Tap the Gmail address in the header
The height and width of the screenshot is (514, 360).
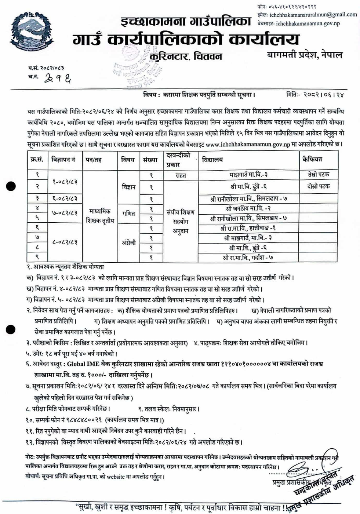click(313, 15)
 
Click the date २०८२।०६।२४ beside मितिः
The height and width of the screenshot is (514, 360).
click(323, 95)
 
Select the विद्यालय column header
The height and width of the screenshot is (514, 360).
click(212, 160)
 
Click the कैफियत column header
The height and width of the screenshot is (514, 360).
click(312, 159)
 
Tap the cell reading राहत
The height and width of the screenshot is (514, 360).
click(181, 175)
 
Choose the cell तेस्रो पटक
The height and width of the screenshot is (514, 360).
click(318, 174)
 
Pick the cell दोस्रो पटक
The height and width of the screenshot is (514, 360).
click(318, 186)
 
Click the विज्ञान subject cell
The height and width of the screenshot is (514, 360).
click(128, 187)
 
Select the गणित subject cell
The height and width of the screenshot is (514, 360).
click(128, 214)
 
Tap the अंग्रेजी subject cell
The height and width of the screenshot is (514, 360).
click(128, 243)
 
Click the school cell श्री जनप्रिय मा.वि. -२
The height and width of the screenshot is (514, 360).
click(248, 209)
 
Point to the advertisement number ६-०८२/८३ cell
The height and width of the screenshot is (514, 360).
click(65, 199)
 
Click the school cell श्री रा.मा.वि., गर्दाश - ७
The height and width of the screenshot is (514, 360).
click(248, 258)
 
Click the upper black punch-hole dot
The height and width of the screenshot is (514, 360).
click(11, 186)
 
